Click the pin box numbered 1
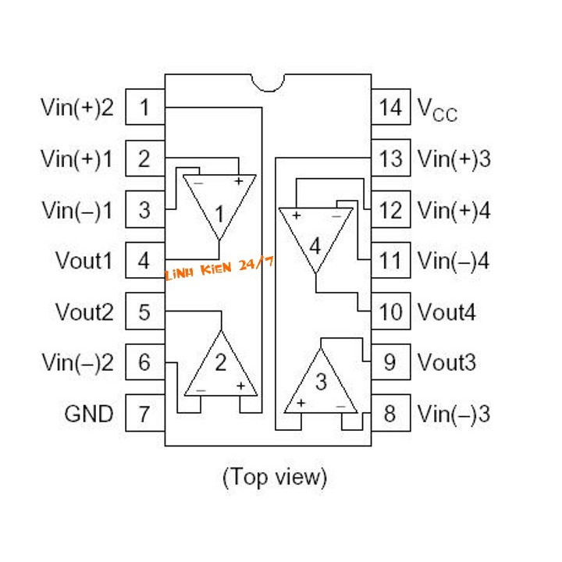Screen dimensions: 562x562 click(x=145, y=107)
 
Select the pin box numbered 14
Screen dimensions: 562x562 click(x=391, y=107)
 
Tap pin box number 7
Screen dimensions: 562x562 click(x=145, y=413)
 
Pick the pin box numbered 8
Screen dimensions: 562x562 click(x=391, y=413)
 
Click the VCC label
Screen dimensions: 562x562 click(x=437, y=110)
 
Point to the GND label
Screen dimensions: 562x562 click(x=89, y=414)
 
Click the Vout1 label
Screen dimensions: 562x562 click(x=84, y=260)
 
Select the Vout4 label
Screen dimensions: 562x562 click(x=446, y=311)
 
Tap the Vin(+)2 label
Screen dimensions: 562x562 click(x=77, y=107)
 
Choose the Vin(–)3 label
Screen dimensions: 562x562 click(x=454, y=414)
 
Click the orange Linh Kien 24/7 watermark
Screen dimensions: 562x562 click(x=219, y=268)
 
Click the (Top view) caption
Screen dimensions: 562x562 click(x=275, y=477)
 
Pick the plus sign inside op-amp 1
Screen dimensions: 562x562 click(x=238, y=181)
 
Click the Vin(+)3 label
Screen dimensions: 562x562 click(x=454, y=158)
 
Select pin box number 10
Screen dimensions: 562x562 click(x=391, y=311)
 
